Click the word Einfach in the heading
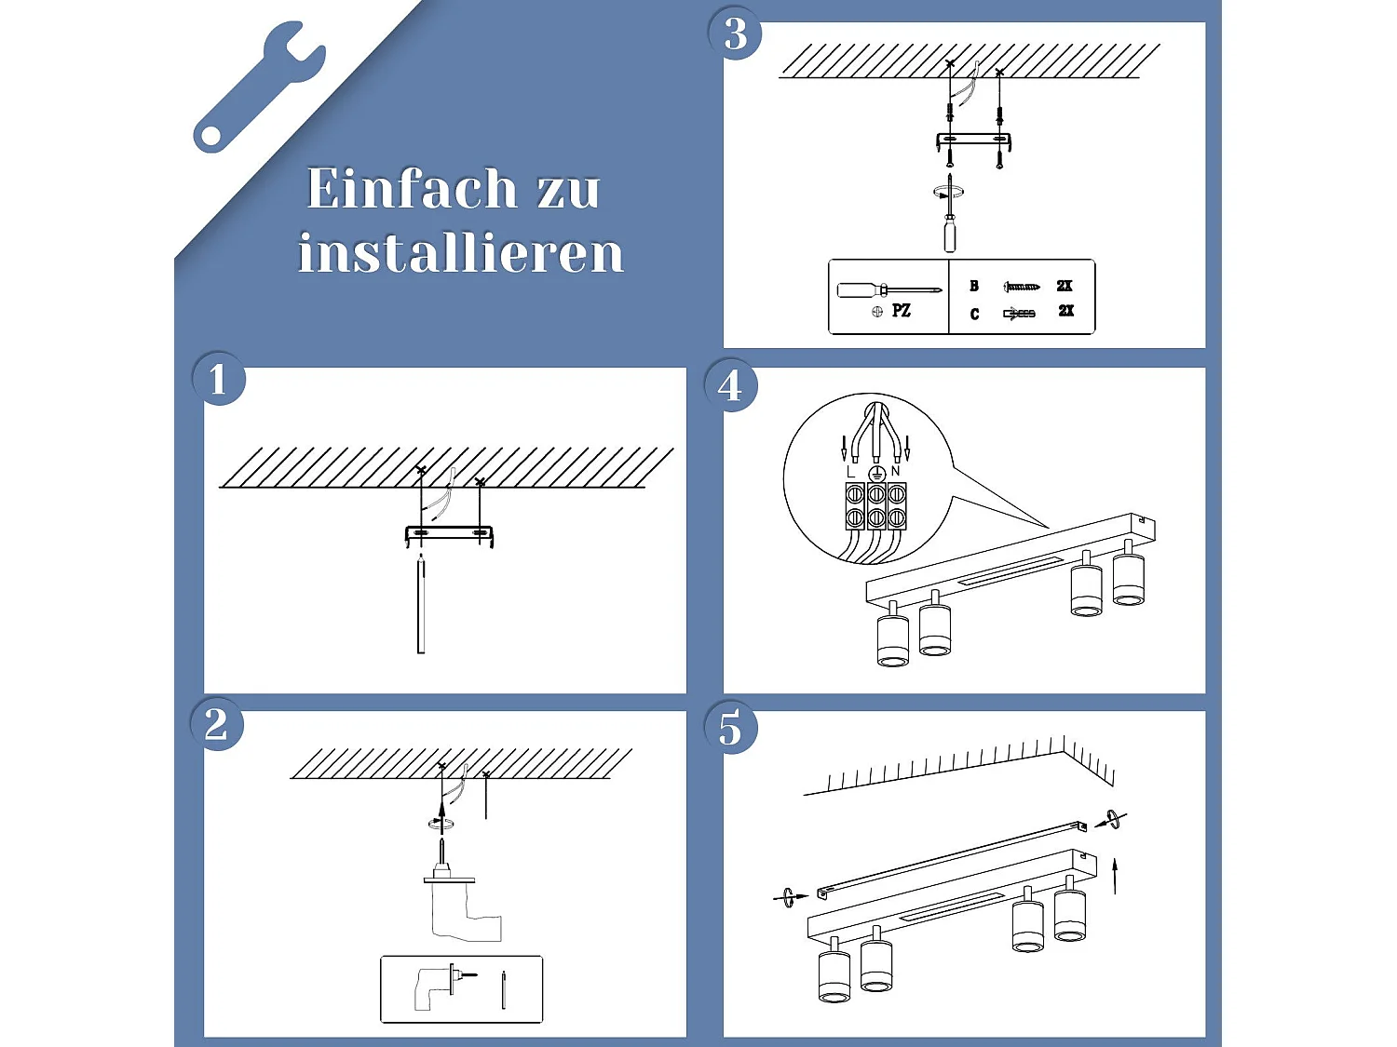click(412, 189)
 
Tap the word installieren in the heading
click(460, 253)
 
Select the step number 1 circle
click(218, 379)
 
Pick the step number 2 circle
click(216, 724)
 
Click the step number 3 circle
click(736, 34)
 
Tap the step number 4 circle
click(731, 385)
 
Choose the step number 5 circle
click(731, 728)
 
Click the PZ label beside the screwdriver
click(901, 311)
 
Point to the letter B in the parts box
click(974, 286)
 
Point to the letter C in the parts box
click(974, 315)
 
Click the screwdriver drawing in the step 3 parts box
click(888, 290)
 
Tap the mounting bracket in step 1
click(449, 534)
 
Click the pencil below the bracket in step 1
click(421, 605)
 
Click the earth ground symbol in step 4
click(875, 474)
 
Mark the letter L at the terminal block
click(851, 473)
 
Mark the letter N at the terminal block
click(895, 472)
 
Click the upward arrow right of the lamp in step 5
click(1115, 875)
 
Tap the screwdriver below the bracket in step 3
click(949, 219)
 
